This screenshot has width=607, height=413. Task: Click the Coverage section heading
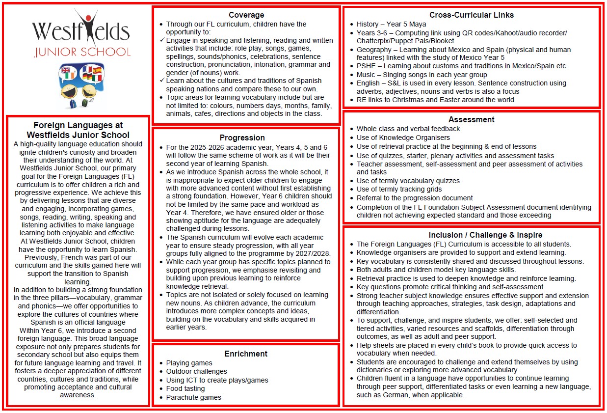(246, 15)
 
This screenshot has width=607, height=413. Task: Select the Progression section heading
(242, 138)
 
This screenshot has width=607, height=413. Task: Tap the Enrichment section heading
(246, 354)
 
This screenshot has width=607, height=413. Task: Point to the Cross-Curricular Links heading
(471, 15)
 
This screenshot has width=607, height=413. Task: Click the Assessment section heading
(471, 119)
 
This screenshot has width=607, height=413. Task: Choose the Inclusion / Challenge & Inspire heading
(471, 235)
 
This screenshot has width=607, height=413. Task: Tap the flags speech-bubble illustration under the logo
(81, 86)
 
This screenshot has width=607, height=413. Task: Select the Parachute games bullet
(193, 397)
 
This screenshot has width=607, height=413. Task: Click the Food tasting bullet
(185, 388)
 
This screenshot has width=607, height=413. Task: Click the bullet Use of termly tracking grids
(399, 189)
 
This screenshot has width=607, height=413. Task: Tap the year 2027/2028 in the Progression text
(314, 253)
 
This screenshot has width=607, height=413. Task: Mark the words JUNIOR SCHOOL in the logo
(82, 52)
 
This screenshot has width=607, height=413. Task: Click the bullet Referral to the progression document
(415, 198)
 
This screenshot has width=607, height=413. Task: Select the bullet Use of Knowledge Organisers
(403, 138)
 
